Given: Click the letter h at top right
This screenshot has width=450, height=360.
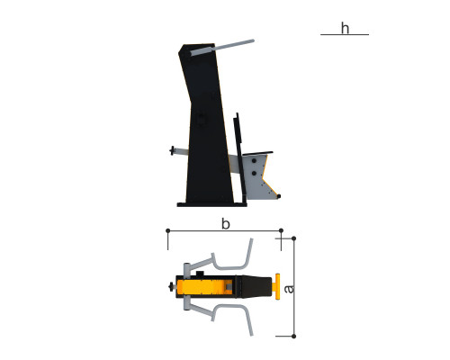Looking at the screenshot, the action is pyautogui.click(x=345, y=29).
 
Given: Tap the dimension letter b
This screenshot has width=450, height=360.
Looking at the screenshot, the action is pyautogui.click(x=226, y=224).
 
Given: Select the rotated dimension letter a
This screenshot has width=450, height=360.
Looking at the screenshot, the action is pyautogui.click(x=289, y=289).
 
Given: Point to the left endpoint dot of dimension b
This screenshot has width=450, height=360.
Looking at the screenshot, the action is pyautogui.click(x=168, y=230).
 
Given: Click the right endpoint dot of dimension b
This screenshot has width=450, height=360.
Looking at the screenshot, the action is pyautogui.click(x=281, y=230).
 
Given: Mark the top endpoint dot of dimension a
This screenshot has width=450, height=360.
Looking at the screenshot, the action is pyautogui.click(x=293, y=238).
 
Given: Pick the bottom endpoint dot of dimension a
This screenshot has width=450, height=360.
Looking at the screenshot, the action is pyautogui.click(x=293, y=337).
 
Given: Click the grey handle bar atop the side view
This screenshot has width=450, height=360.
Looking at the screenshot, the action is pyautogui.click(x=222, y=48).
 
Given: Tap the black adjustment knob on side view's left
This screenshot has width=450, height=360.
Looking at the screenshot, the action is pyautogui.click(x=172, y=150).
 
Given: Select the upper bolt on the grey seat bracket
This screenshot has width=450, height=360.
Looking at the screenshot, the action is pyautogui.click(x=254, y=161).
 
